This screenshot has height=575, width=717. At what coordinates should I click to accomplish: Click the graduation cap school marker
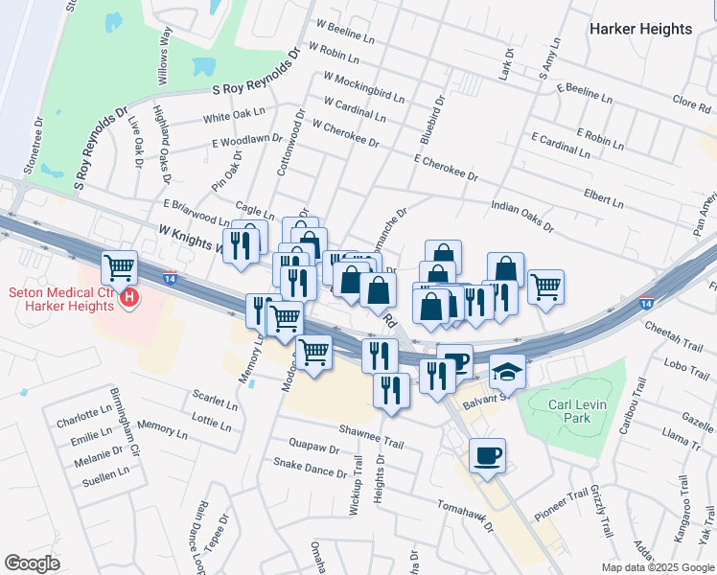click(508, 372)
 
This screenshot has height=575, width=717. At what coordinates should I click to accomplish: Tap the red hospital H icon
click(130, 300)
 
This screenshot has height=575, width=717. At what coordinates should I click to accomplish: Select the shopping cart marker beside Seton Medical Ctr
click(120, 267)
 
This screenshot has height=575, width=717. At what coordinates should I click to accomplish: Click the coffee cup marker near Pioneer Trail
click(487, 455)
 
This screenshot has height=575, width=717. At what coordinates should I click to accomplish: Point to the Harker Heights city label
click(640, 29)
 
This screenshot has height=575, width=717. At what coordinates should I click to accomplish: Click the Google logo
click(32, 563)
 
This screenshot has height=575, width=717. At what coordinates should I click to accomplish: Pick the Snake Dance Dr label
click(310, 467)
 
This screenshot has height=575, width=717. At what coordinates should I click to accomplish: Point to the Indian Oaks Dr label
click(522, 217)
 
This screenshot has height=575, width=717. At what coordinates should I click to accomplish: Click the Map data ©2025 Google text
click(658, 566)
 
